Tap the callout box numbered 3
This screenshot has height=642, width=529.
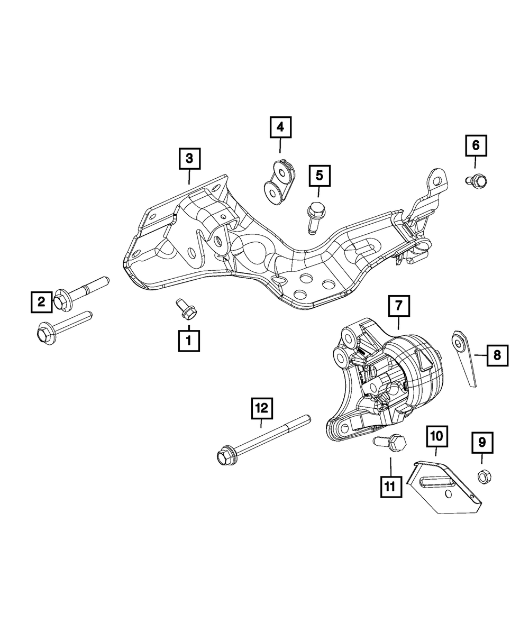pyautogui.click(x=189, y=158)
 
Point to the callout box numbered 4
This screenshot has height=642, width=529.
pyautogui.click(x=280, y=127)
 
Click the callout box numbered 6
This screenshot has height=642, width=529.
pyautogui.click(x=476, y=145)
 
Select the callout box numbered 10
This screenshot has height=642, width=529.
pyautogui.click(x=436, y=437)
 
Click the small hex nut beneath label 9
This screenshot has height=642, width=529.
pyautogui.click(x=482, y=476)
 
